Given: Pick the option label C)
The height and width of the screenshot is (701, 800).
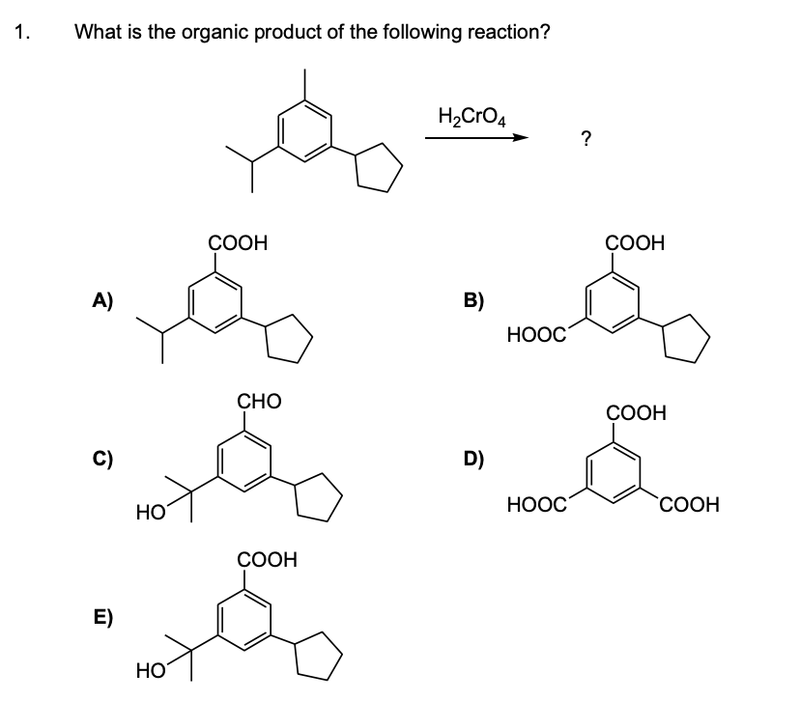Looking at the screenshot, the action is [x=102, y=460].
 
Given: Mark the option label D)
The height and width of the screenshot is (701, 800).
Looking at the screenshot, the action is [x=474, y=460].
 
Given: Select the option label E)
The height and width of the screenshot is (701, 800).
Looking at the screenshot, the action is [x=102, y=618].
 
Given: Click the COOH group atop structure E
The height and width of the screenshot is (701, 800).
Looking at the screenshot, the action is [x=267, y=560].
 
